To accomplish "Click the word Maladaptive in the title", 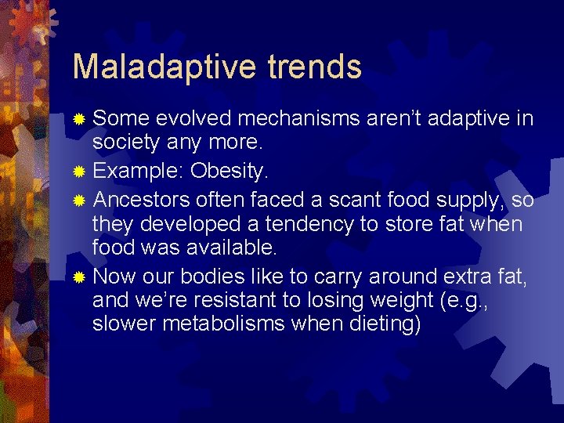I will point(159,67).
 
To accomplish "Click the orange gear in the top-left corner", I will point(29,20).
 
